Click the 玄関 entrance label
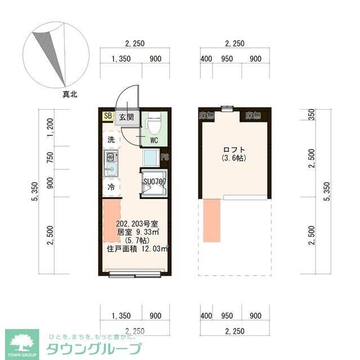pyautogui.click(x=126, y=117)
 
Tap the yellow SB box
pyautogui.click(x=107, y=116)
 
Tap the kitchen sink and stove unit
pyautogui.click(x=110, y=163)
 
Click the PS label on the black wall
pyautogui.click(x=165, y=157)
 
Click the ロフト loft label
pyautogui.click(x=234, y=150)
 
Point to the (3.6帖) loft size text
pyautogui.click(x=234, y=158)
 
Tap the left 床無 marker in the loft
pyautogui.click(x=206, y=116)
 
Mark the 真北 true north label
pyautogui.click(x=70, y=95)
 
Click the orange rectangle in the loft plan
pyautogui.click(x=212, y=220)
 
